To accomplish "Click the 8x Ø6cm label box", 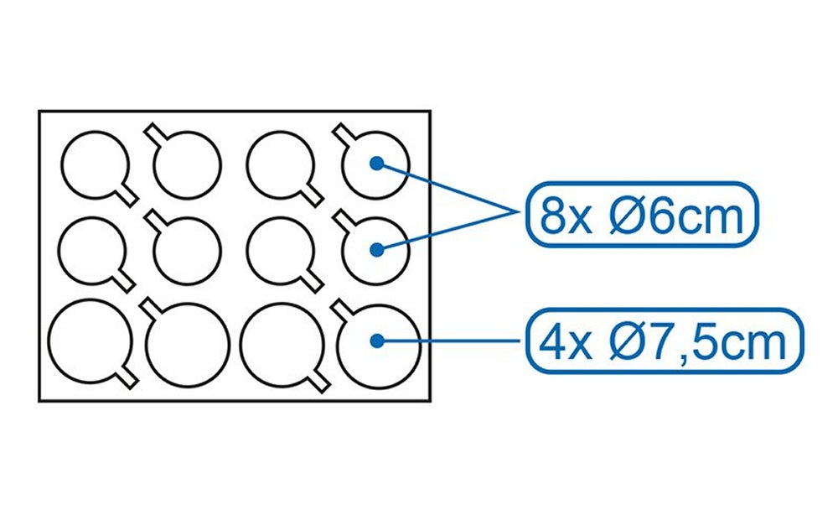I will [x=643, y=216].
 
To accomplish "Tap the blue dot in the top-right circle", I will [x=376, y=163].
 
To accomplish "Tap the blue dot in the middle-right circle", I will [x=376, y=248].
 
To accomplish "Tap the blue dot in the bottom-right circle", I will [x=376, y=341].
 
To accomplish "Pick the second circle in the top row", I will [x=188, y=165].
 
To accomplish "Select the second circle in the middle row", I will [x=188, y=250].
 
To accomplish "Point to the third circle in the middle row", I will [x=280, y=248].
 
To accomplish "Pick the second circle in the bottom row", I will [x=188, y=342].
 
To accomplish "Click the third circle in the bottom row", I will [x=280, y=339].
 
